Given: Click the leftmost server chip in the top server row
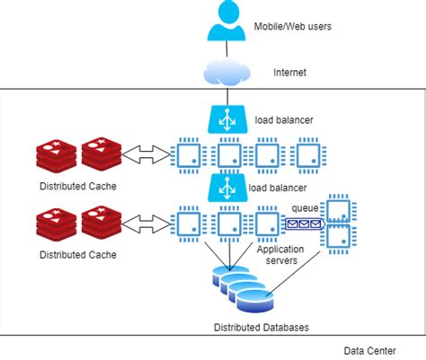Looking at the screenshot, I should (189, 154).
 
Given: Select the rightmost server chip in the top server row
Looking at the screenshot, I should (308, 154).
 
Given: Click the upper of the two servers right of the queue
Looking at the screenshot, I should (340, 208).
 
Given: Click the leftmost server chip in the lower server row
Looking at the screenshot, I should (189, 222).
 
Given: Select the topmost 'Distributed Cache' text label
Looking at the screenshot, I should (77, 187).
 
